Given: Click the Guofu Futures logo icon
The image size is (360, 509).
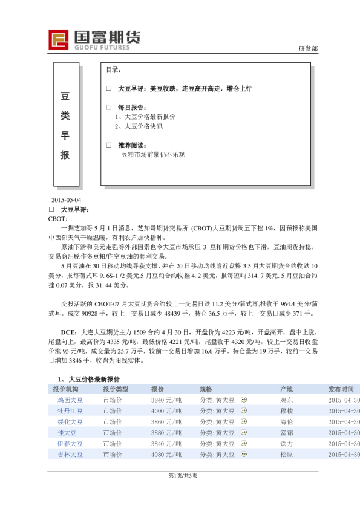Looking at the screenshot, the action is (x=59, y=40).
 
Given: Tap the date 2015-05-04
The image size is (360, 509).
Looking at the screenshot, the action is (x=66, y=200).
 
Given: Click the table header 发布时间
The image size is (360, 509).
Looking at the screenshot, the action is (x=344, y=389).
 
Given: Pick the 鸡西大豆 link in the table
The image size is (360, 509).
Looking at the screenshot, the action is (x=70, y=400).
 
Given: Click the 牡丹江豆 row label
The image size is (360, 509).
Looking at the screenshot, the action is (x=70, y=411).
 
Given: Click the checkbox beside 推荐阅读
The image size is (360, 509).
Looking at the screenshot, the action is (x=108, y=146).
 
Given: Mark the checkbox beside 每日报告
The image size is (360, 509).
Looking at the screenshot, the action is (x=108, y=107).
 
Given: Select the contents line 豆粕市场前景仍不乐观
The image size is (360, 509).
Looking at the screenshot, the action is (x=152, y=155).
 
